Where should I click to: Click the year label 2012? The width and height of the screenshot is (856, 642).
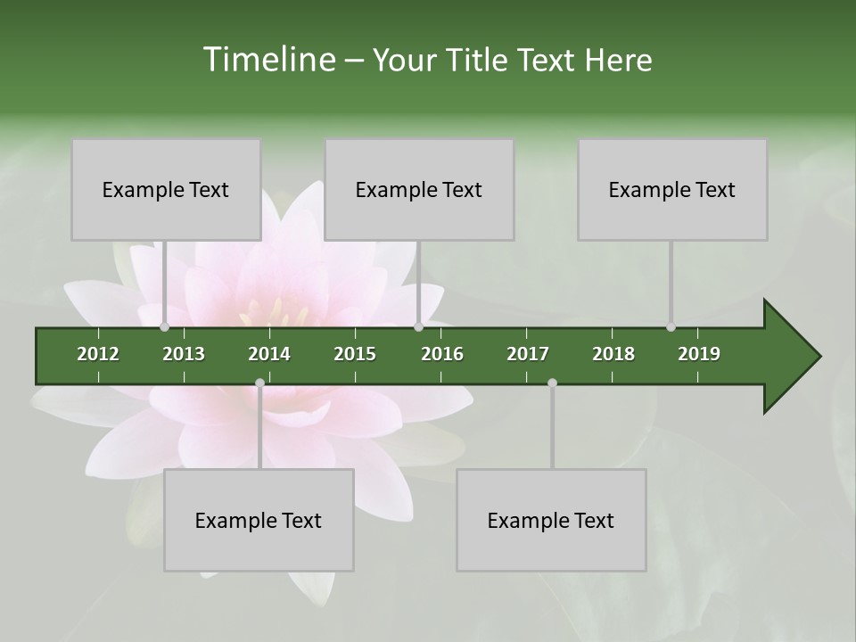pos(98,354)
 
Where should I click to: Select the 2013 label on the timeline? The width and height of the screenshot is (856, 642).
pos(184,354)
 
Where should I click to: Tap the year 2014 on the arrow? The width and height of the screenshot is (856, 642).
pos(269,354)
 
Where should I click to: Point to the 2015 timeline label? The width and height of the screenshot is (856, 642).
pos(355,354)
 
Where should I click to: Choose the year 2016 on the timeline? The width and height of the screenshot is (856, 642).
pos(442,354)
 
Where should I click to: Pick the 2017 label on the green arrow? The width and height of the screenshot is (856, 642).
pos(528,354)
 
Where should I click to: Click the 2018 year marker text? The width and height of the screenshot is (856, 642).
pos(613,354)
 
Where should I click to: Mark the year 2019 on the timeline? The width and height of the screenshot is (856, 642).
pos(699,354)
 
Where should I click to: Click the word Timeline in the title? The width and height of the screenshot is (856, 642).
pos(268,60)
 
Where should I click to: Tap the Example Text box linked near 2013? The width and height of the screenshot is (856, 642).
pos(166,189)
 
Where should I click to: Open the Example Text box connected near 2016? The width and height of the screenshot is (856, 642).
pos(419,189)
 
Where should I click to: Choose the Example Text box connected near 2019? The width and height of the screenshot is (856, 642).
pos(672,189)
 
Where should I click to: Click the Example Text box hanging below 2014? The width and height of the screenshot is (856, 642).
pos(259,520)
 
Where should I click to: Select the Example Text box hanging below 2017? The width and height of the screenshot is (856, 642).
pos(551,520)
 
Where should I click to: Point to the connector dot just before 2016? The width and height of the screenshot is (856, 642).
pos(418,326)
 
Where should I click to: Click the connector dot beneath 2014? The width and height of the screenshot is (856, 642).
pos(259,383)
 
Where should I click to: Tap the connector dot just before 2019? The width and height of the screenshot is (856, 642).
pos(671,326)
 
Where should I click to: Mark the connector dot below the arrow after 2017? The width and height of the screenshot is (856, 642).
pos(552,383)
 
